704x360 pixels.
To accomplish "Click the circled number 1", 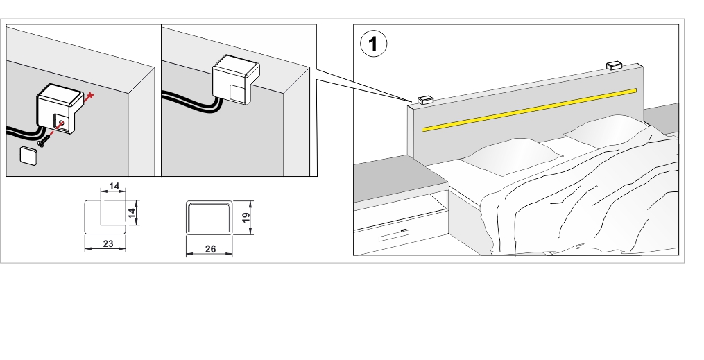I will pos(373,45).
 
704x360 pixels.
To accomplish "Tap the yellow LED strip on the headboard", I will pos(529,110).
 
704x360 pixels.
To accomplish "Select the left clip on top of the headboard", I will pos(424,98).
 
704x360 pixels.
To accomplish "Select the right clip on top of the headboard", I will pos(614,65).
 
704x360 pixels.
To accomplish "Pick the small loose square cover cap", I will pos(28,156).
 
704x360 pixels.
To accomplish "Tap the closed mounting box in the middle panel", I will pos(234,80).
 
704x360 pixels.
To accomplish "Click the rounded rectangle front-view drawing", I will pos(209,218).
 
